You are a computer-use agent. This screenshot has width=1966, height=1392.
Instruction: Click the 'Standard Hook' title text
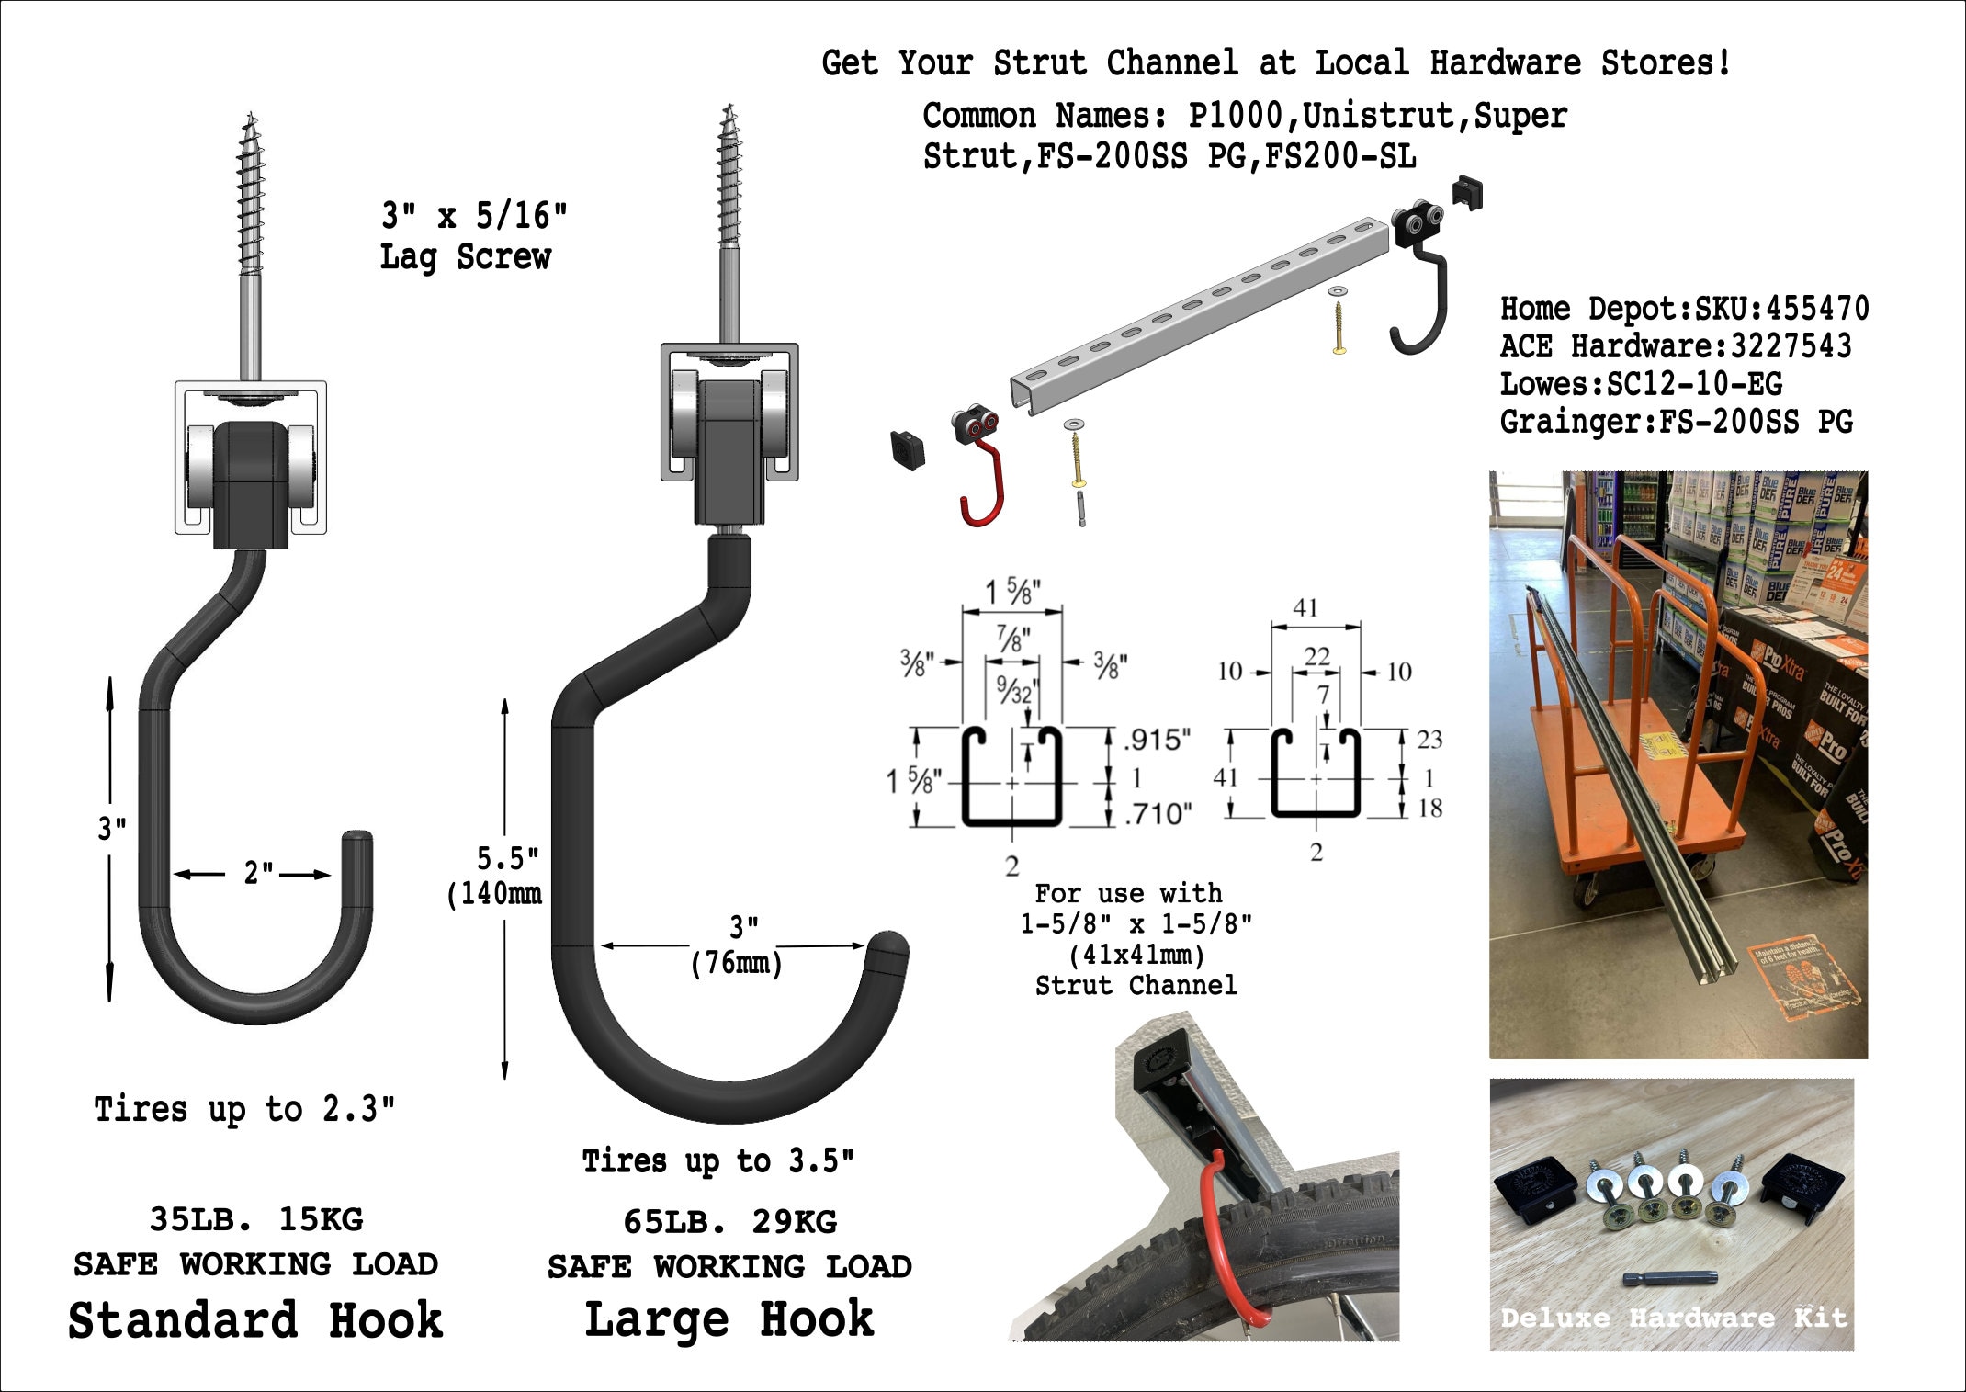tap(255, 1320)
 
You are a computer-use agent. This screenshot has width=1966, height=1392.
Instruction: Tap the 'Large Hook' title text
tap(729, 1320)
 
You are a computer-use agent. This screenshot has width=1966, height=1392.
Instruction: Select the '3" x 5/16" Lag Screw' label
tap(472, 236)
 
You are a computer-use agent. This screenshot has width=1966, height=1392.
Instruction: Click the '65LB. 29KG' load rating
tap(729, 1222)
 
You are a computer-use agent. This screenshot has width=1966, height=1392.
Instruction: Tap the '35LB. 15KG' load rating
tap(256, 1219)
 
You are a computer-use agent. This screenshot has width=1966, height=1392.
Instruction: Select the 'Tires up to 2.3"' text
tap(244, 1109)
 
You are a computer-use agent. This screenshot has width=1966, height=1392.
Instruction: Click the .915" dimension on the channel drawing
tap(1158, 739)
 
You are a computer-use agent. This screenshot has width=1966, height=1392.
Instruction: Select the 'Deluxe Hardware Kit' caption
tap(1672, 1318)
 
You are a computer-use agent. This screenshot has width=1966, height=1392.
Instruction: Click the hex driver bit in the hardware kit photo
tap(1669, 1277)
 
